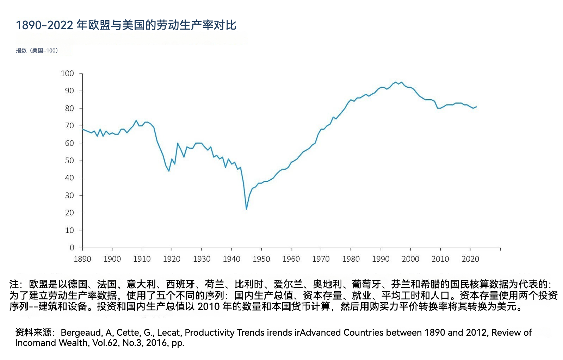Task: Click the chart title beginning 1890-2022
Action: [x=126, y=25]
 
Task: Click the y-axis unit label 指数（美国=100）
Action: [x=37, y=50]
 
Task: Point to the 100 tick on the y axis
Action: [x=67, y=74]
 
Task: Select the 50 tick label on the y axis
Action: [x=69, y=161]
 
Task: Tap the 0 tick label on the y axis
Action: [x=72, y=248]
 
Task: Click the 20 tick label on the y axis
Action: [x=69, y=213]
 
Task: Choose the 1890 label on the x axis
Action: [x=82, y=259]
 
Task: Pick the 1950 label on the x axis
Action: [x=261, y=259]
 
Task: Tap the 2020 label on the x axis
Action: [x=470, y=259]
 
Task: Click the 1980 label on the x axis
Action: [x=351, y=259]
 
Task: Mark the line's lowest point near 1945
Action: [x=246, y=209]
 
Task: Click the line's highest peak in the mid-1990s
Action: [x=396, y=82]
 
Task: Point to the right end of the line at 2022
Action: [x=476, y=106]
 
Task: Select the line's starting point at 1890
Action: [x=82, y=129]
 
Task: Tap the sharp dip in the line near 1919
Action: [x=169, y=171]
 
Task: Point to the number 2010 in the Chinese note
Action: [x=209, y=307]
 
